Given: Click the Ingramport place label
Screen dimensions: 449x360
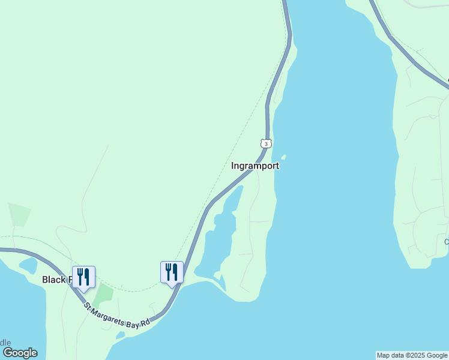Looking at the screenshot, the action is pyautogui.click(x=255, y=166).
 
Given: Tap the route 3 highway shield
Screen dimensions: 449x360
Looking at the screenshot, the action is pyautogui.click(x=266, y=143).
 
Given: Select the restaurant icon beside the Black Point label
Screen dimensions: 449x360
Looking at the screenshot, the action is pyautogui.click(x=83, y=277).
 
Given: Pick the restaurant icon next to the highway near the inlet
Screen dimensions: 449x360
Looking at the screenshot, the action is pyautogui.click(x=172, y=272).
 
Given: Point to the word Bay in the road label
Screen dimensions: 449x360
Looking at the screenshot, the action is pyautogui.click(x=135, y=324).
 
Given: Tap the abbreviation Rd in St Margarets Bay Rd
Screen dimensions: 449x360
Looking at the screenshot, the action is pyautogui.click(x=146, y=322).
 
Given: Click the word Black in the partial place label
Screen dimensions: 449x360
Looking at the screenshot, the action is pyautogui.click(x=53, y=280).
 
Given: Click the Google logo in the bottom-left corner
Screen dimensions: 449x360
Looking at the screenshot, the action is pyautogui.click(x=19, y=353).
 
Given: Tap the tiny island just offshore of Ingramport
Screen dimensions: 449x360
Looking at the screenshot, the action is pyautogui.click(x=283, y=158).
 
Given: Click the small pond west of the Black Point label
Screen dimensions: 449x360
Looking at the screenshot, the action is pyautogui.click(x=28, y=265).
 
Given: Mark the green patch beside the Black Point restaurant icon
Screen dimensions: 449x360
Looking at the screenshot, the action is pyautogui.click(x=103, y=293).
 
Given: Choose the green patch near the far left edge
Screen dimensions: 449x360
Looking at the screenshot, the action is pyautogui.click(x=19, y=214).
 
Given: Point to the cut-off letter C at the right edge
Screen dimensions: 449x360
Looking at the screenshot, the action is pyautogui.click(x=446, y=242).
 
